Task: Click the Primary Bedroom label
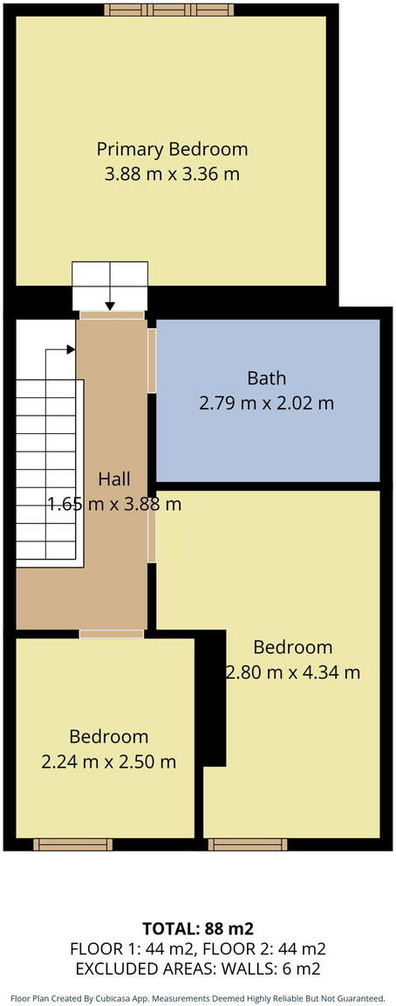tap(172, 148)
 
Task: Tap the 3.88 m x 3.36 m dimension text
tap(172, 174)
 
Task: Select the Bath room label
tap(267, 378)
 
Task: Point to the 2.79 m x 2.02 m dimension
tap(267, 403)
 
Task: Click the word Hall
tap(113, 479)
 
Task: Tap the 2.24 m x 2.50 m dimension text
tap(109, 761)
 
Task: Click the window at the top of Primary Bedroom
tap(169, 10)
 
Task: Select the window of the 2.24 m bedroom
tap(72, 844)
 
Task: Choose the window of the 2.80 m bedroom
tap(248, 844)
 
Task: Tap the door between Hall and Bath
tap(152, 360)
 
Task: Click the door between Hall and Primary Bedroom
tap(112, 314)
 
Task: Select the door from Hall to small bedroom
tap(112, 633)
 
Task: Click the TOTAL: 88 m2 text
tap(198, 927)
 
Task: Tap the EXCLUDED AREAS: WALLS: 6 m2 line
tap(198, 968)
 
